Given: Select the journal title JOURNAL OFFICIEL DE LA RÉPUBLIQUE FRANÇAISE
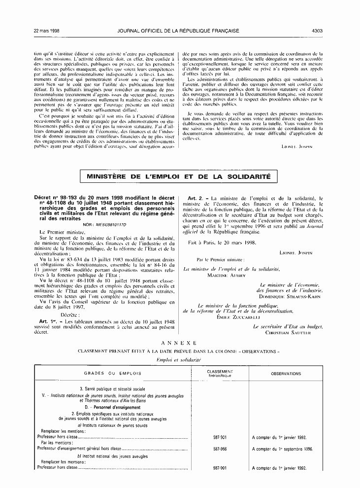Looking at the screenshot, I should pos(178,31).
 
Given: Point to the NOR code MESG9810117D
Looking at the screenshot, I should pos(109,225).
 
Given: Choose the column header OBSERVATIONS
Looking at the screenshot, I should pos(286,374).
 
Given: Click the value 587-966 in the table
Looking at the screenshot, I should pos(220,449).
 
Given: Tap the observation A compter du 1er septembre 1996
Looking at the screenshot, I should pos(282,449).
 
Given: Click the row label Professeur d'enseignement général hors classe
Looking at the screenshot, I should pos(79,449).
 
